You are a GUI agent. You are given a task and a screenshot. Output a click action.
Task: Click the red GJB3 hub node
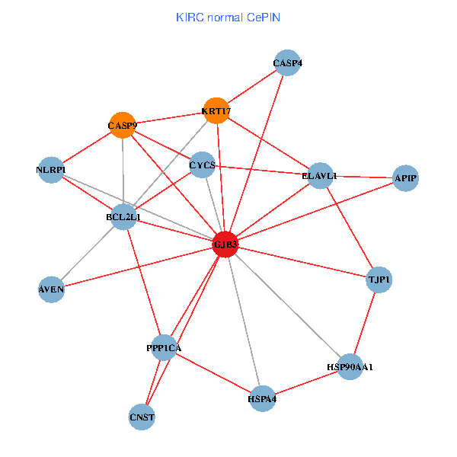[225, 244]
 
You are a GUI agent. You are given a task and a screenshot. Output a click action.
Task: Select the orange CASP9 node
[123, 125]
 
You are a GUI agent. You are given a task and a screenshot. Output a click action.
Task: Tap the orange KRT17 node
[216, 111]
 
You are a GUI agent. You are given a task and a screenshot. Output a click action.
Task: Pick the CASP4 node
[288, 63]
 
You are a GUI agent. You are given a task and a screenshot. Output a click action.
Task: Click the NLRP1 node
[51, 169]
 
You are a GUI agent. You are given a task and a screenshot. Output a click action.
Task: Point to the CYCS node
[202, 165]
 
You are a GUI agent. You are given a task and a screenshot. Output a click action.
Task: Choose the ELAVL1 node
[319, 176]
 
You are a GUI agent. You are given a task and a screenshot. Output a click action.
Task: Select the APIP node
[405, 178]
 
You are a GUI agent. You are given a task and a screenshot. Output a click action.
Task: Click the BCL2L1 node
[123, 217]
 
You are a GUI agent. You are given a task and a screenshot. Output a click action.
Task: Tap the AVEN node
[51, 289]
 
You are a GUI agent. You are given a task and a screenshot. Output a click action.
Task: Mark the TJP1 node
[379, 280]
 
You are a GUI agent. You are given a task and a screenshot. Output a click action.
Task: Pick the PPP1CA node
[165, 347]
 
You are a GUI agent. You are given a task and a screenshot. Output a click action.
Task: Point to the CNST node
[142, 417]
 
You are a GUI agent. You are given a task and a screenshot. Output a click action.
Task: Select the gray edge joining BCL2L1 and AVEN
[88, 253]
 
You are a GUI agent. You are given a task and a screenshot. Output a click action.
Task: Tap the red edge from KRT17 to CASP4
[252, 88]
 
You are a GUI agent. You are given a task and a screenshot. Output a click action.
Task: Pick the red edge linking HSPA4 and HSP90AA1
[306, 382]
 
